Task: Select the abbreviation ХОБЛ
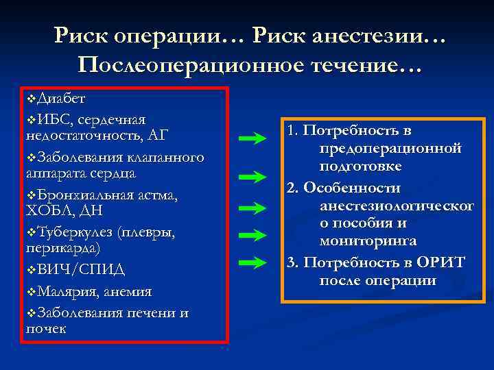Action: click(51, 211)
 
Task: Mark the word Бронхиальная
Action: click(89, 196)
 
